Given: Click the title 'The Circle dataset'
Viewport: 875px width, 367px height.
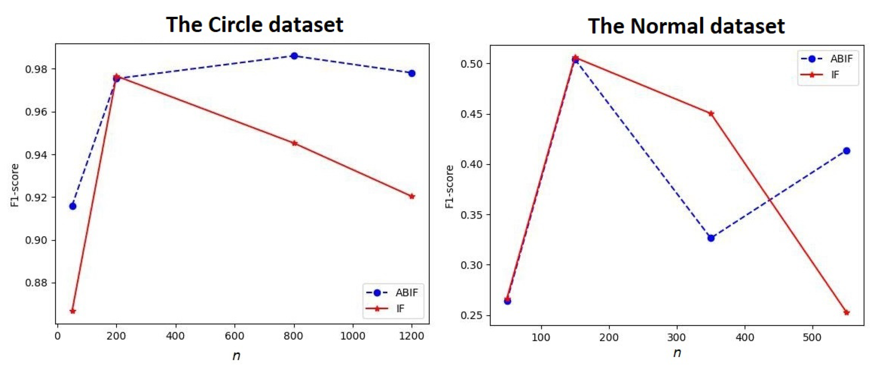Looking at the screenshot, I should pos(254,25).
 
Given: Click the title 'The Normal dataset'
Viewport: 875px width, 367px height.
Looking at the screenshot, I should pos(686,26).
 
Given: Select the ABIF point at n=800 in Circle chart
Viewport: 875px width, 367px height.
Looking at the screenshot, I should pos(294,56).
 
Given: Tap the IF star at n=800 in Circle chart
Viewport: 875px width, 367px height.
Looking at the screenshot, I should pos(294,143).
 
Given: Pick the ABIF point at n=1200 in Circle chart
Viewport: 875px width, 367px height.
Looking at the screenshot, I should pos(412,73).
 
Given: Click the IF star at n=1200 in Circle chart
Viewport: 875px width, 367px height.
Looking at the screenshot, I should pos(412,196).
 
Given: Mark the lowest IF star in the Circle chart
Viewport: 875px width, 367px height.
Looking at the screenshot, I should pos(73,311).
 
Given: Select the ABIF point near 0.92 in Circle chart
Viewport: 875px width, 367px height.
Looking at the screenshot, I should pos(73,206).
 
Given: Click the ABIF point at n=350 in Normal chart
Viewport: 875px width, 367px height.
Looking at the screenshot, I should pos(711,238).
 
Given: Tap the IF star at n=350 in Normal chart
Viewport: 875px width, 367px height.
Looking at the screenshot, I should pos(711,114).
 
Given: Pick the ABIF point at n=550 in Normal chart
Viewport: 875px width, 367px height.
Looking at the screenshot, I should pos(846,151).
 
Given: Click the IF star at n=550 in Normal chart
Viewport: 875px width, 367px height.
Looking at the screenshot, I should pos(846,312).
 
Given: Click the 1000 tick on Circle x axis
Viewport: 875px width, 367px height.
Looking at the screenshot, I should pos(353,336).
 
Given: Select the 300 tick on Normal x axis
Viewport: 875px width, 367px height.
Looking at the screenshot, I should pos(677,338).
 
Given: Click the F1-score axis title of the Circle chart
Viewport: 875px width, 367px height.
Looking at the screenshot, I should pos(14,185).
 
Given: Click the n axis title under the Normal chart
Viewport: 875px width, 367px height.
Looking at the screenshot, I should pos(677,353).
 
